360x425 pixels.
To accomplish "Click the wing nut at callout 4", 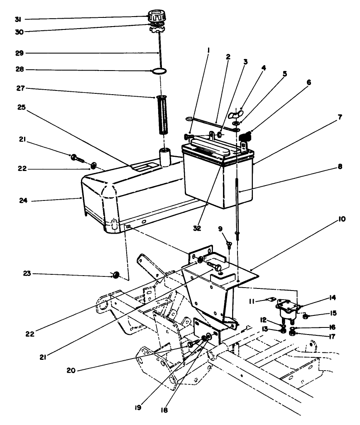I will tap(235, 114).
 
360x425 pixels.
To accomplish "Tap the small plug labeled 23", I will tap(116, 274).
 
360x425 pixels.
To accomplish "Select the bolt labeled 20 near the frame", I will tap(191, 344).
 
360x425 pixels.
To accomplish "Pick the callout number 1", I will tap(208, 49).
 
